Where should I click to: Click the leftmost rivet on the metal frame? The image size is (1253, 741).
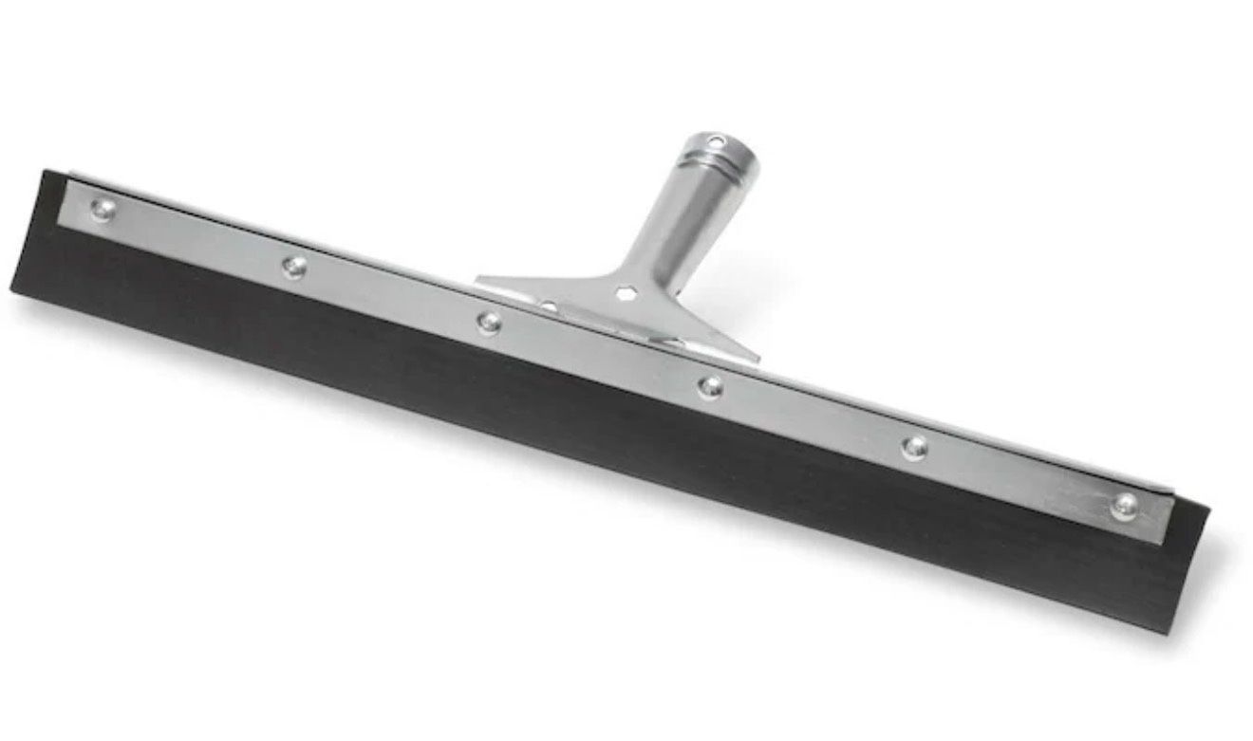pos(103,210)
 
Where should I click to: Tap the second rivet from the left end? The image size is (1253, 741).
pos(295,267)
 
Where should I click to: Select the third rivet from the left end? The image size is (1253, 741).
pos(489,323)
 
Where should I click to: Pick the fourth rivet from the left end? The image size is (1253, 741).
pos(709,386)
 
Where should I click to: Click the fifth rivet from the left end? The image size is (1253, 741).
pos(913,447)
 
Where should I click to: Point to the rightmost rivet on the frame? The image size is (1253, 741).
pos(1125,505)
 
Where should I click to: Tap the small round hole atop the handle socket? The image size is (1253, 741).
pos(718,142)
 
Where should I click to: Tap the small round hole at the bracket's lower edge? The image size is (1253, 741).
pos(549,306)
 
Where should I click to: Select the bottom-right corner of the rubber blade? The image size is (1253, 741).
pos(1169,630)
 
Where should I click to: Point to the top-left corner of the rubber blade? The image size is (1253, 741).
pos(44,172)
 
